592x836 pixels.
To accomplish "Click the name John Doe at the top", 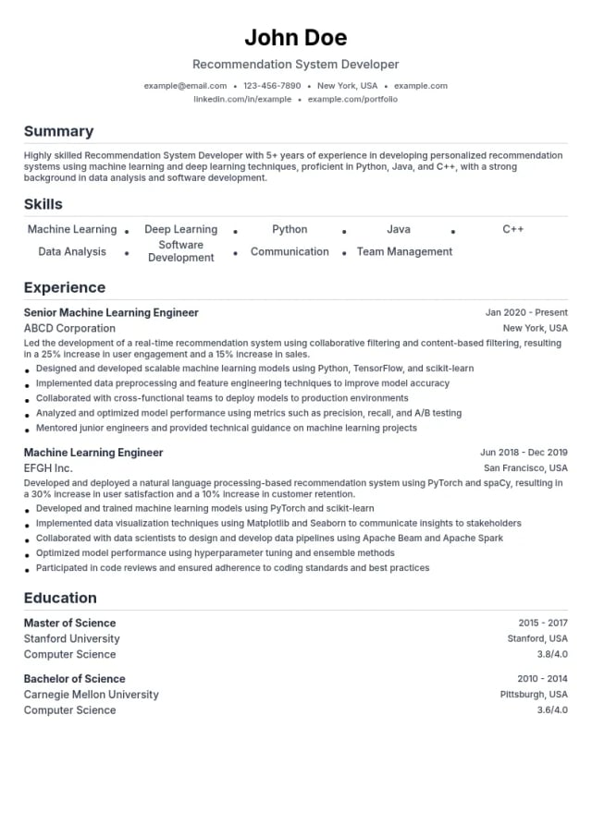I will point(296,38).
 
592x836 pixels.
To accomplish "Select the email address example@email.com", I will point(185,86).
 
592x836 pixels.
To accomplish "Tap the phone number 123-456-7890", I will point(272,86).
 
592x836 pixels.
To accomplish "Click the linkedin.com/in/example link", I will point(241,99).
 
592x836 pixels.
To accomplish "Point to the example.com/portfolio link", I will point(352,99).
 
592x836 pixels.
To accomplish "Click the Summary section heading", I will point(58,131).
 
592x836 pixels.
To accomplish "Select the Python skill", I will point(290,229).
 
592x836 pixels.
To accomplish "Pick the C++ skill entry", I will point(512,229).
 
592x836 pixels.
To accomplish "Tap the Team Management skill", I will point(404,251).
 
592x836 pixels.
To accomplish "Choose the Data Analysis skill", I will point(72,251).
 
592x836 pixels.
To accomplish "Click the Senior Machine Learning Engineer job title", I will point(111,312).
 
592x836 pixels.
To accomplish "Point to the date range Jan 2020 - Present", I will point(526,312).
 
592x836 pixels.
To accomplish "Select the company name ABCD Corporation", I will point(69,328).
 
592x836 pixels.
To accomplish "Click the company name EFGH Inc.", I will point(48,468).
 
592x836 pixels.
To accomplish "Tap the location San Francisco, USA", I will point(525,468).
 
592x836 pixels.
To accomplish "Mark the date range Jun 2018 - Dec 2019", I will point(524,453).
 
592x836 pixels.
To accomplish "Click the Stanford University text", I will point(71,638).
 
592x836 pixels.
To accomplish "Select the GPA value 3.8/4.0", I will point(552,654).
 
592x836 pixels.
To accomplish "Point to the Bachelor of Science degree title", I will point(74,679).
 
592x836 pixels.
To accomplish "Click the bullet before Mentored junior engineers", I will point(28,430).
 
